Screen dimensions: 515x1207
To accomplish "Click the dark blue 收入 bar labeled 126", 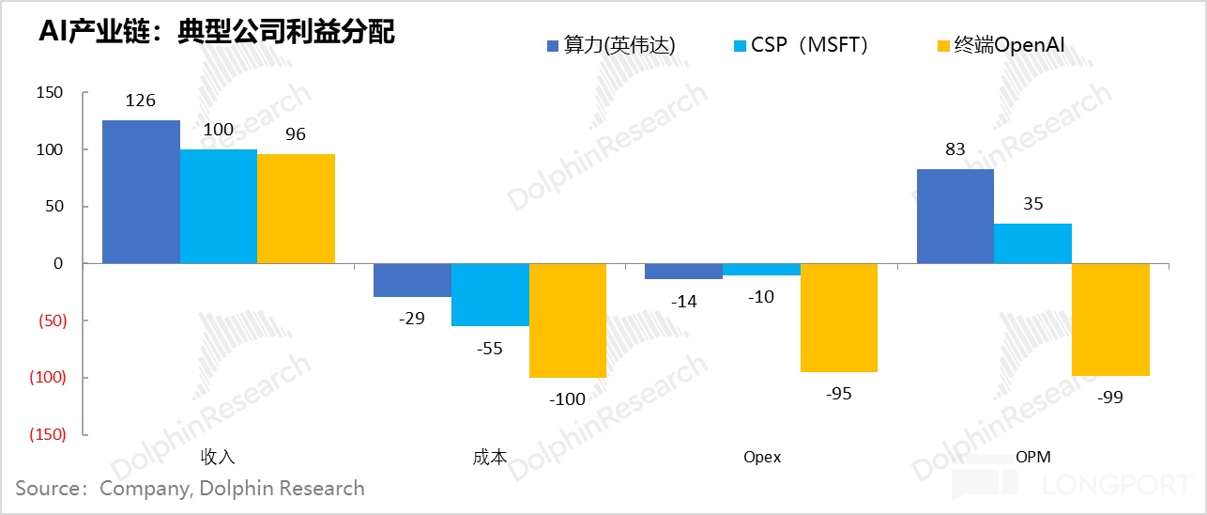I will click(141, 192).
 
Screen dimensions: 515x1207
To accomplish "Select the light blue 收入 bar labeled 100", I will click(219, 207).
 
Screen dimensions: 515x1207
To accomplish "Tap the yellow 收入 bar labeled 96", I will click(296, 209).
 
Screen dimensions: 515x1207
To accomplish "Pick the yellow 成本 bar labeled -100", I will click(568, 320).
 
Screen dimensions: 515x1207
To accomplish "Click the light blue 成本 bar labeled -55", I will click(490, 295).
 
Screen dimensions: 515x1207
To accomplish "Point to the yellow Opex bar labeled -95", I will click(839, 318).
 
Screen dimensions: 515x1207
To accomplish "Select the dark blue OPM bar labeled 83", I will click(955, 216).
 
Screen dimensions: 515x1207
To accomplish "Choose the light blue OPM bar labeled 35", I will click(1032, 243).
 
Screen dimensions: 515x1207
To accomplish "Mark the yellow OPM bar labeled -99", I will click(1110, 320).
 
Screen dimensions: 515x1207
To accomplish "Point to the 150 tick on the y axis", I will click(51, 92).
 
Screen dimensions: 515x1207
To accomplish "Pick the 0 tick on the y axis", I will click(58, 264).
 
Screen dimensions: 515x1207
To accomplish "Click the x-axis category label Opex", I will click(761, 458).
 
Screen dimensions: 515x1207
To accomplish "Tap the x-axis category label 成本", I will click(490, 458).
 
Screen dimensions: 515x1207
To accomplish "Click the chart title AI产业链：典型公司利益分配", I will click(216, 32).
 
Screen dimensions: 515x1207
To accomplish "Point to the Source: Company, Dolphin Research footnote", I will click(190, 489).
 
